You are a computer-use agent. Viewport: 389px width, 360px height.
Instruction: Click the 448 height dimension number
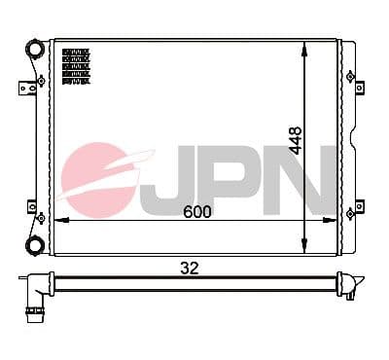297,140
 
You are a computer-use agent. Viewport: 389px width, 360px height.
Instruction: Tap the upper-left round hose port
35,50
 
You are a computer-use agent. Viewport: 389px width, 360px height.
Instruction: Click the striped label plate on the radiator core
75,65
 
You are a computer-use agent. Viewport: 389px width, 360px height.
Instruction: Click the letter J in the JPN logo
166,179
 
